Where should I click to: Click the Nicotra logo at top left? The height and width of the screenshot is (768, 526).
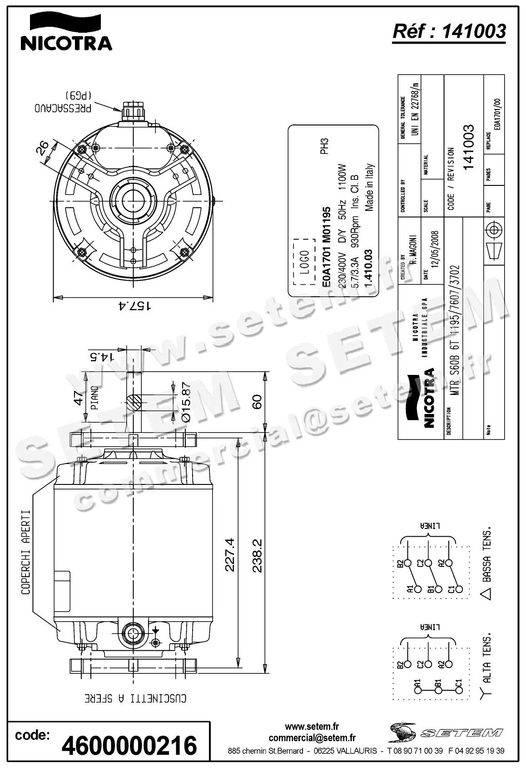pos(66,32)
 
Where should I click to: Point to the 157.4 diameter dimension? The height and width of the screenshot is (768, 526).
pos(134,306)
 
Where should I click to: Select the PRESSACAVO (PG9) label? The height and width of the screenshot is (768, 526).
pos(64,104)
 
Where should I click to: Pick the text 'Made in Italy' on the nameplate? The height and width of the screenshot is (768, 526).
pos(370,187)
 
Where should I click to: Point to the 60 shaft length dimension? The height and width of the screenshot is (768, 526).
pos(257,402)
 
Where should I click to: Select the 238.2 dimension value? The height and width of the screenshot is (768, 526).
pos(257,555)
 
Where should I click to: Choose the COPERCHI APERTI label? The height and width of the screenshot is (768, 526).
pos(26,552)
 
